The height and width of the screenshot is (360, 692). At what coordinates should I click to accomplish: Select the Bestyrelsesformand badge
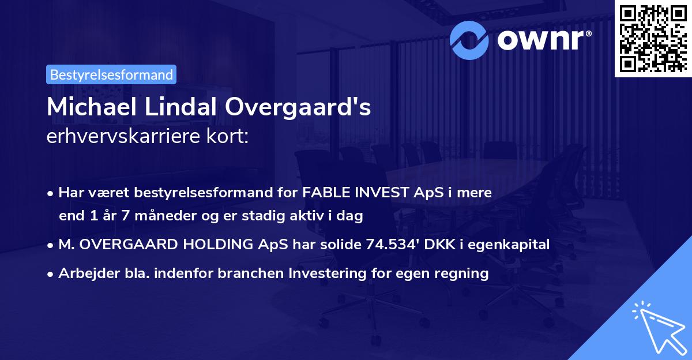(111, 74)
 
